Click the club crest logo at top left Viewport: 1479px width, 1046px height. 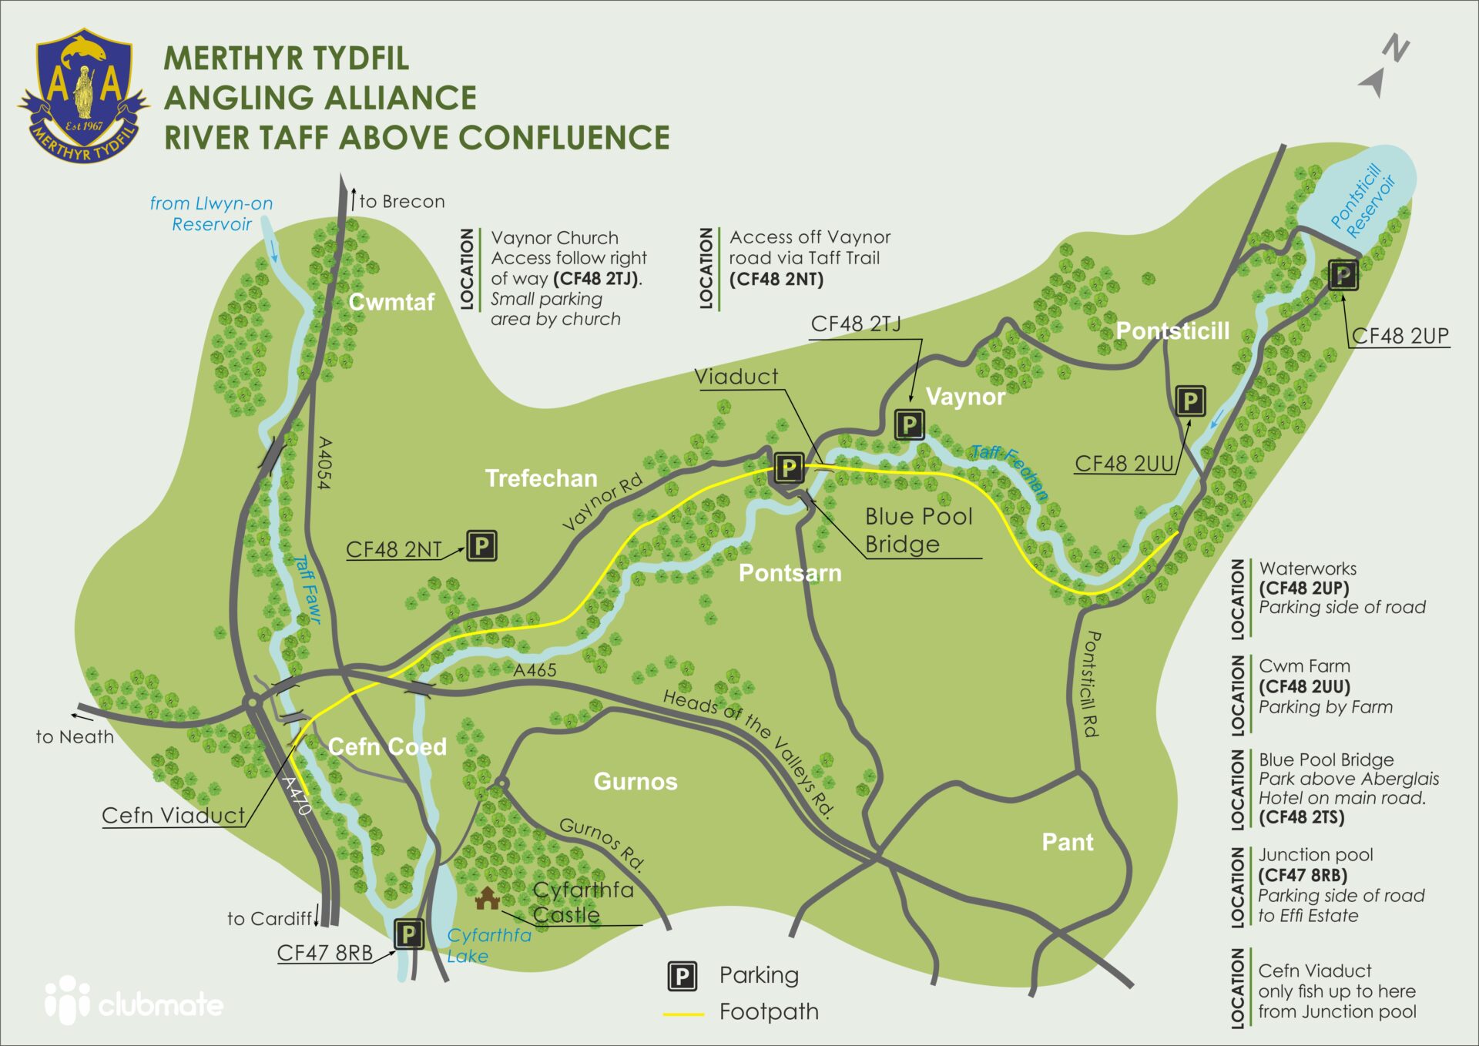[x=83, y=96]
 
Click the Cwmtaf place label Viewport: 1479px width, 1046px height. [x=391, y=302]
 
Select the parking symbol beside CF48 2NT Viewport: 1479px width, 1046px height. [x=481, y=546]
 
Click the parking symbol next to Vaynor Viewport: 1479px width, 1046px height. [x=909, y=424]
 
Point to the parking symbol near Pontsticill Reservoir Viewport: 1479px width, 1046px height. [x=1343, y=275]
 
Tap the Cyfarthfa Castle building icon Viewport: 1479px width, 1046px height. [x=487, y=897]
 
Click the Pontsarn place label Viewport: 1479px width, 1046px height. [x=790, y=573]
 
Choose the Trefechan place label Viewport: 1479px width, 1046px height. [x=541, y=478]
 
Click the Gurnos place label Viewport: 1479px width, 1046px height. [x=635, y=782]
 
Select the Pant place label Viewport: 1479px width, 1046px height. [x=1067, y=842]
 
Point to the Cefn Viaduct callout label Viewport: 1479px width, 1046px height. [x=173, y=815]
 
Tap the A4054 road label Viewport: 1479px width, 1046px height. [x=324, y=463]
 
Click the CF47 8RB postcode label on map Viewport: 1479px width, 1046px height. [x=324, y=953]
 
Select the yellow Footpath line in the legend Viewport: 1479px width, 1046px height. [x=683, y=1014]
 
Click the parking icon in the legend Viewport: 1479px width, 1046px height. [x=682, y=977]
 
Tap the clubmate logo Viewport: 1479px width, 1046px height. [x=134, y=1001]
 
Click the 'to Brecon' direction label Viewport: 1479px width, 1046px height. [x=401, y=202]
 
